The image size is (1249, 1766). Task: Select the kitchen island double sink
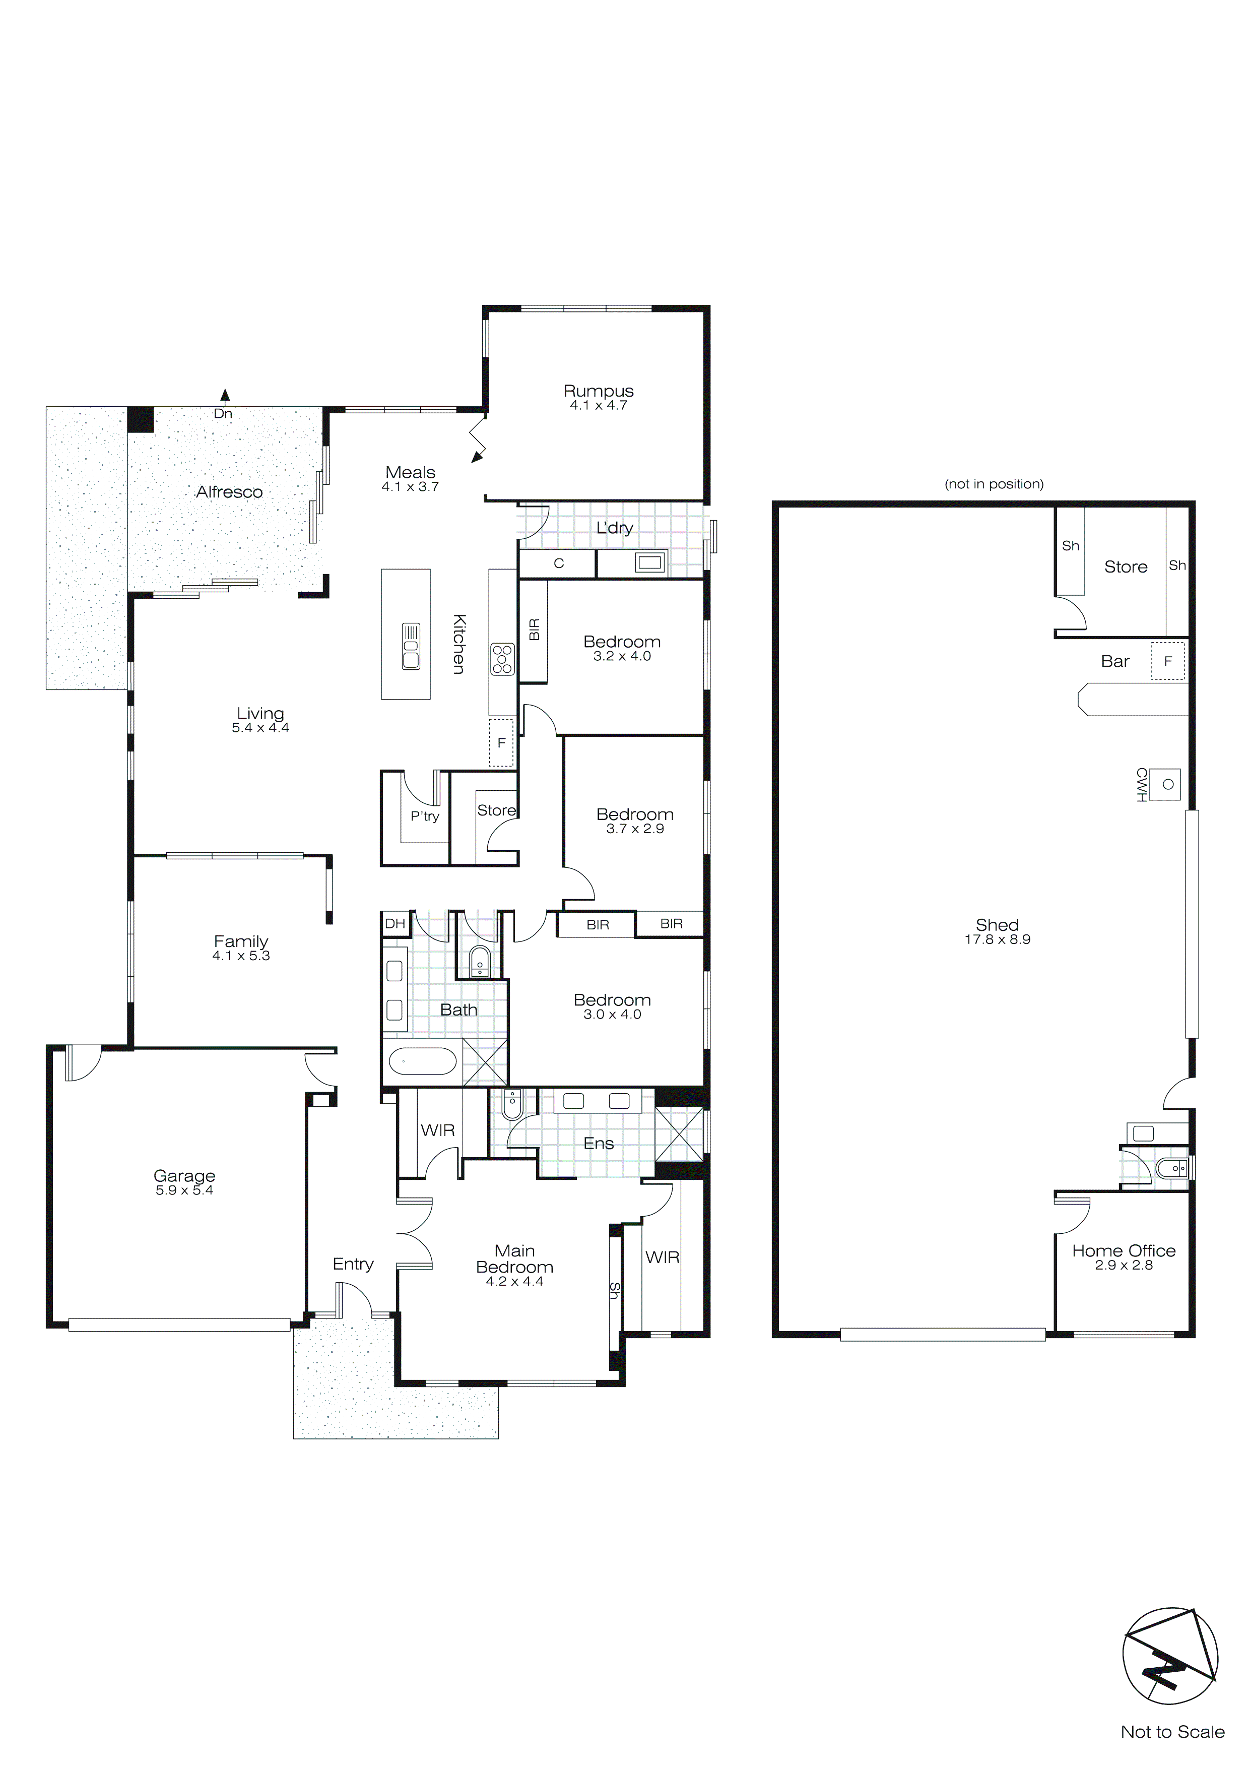(411, 646)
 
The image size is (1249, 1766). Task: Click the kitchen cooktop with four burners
(502, 659)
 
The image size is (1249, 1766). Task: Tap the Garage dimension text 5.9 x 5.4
(184, 1190)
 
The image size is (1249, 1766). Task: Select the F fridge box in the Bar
(1167, 661)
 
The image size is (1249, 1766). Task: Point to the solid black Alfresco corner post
(141, 419)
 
